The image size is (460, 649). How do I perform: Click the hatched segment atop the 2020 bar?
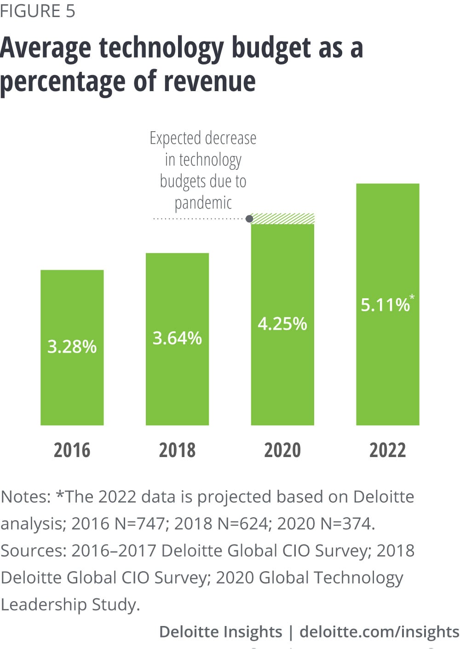pos(283,219)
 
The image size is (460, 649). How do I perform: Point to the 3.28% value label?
pos(72,347)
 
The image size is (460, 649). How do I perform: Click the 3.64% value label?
pos(177,338)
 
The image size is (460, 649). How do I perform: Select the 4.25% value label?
pos(282,324)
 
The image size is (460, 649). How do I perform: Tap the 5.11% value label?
pos(385,305)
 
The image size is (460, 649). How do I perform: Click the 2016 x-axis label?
pos(72,450)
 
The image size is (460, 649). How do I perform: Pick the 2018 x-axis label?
pos(177,450)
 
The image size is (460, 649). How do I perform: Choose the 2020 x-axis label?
pos(282,450)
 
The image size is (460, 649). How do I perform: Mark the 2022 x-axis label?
pos(388,450)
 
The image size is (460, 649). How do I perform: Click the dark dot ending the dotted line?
pos(249,219)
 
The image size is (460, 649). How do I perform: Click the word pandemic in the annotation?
pos(203,203)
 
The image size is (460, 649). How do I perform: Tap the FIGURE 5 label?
pos(38,11)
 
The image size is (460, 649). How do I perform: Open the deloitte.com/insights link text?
pos(379,632)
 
